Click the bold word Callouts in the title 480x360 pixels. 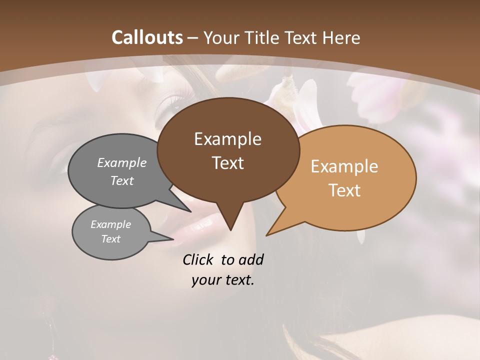pyautogui.click(x=147, y=37)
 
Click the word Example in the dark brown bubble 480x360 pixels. pyautogui.click(x=227, y=139)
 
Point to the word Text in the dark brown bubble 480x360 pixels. pyautogui.click(x=227, y=163)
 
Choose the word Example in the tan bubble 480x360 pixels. pyautogui.click(x=344, y=166)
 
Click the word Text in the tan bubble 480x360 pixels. pyautogui.click(x=344, y=190)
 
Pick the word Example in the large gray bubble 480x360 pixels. pyautogui.click(x=121, y=163)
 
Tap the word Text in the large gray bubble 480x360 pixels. pyautogui.click(x=121, y=181)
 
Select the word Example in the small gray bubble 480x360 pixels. pyautogui.click(x=110, y=224)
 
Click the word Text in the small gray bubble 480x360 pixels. pyautogui.click(x=110, y=239)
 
